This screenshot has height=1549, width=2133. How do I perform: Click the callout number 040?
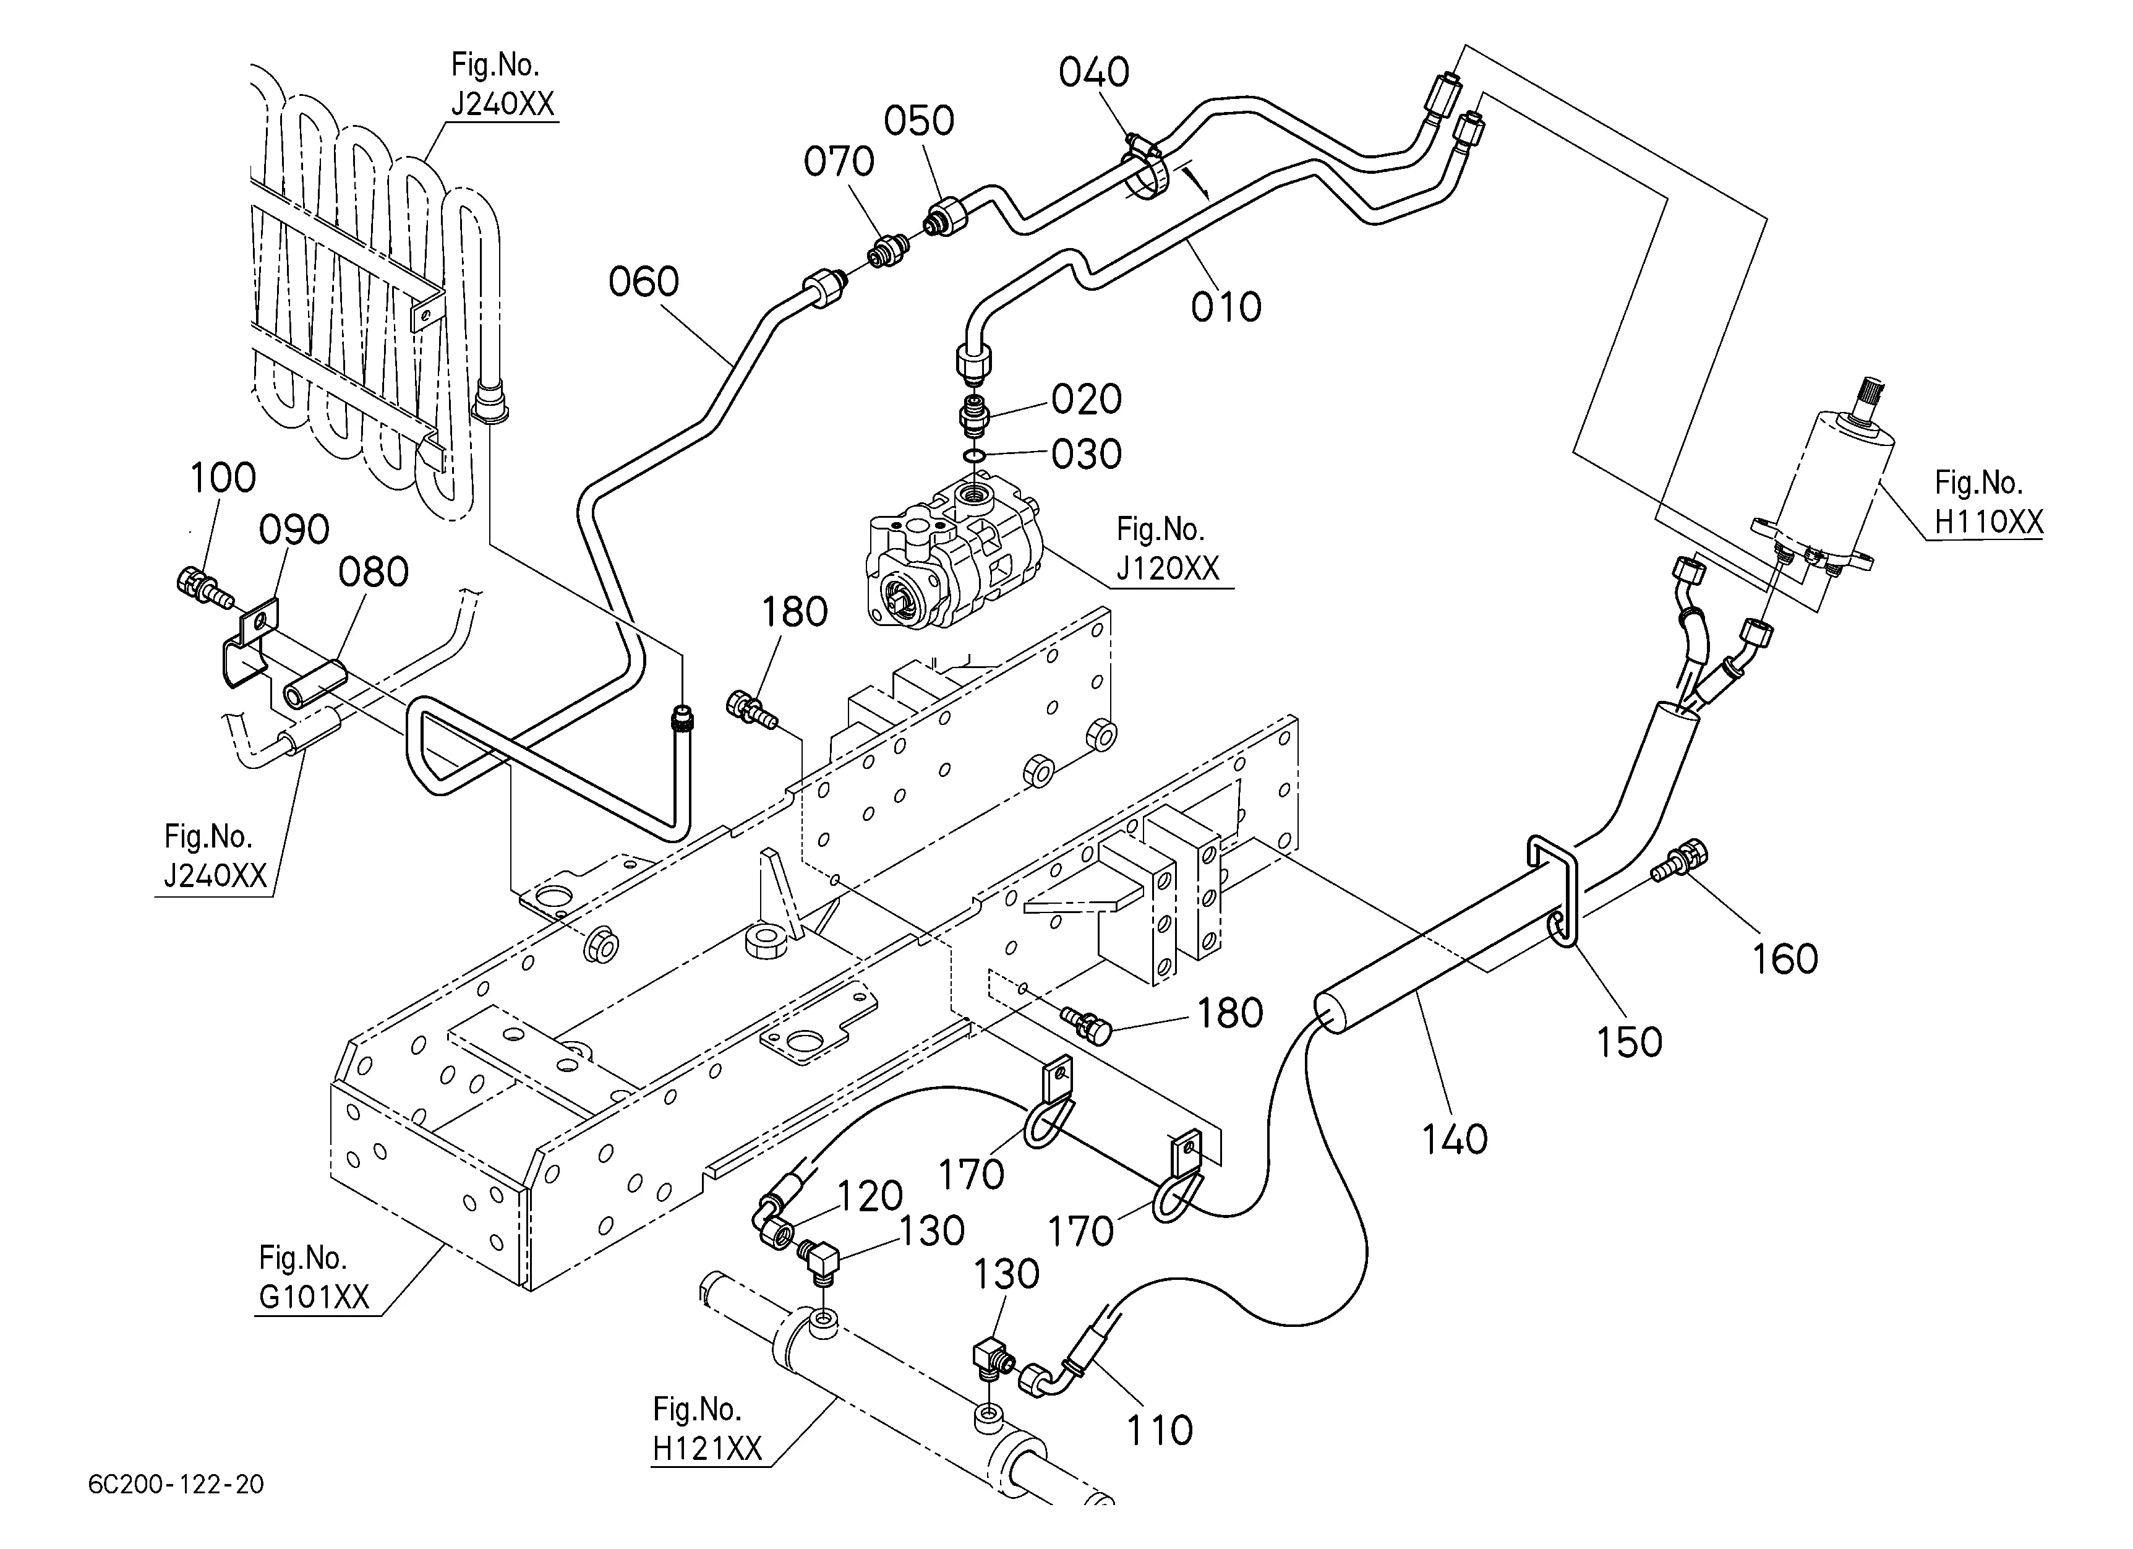coord(1094,72)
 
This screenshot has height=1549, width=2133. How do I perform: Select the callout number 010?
coord(1226,307)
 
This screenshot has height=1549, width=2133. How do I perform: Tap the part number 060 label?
coord(643,281)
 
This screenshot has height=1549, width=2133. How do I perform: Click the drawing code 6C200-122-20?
coord(176,1484)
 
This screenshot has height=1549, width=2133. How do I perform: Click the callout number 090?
coord(294,530)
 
